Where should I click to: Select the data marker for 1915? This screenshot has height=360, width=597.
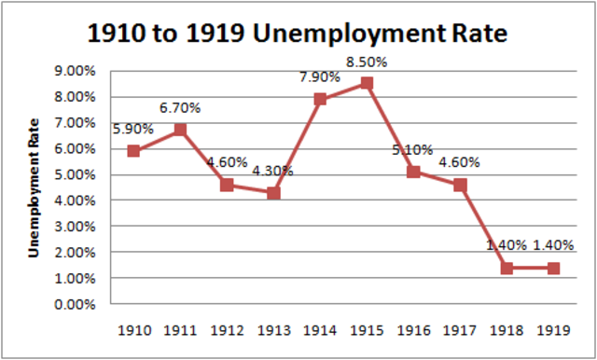(x=367, y=83)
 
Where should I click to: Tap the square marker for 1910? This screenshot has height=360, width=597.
(x=133, y=150)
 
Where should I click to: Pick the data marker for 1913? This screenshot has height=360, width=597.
(x=273, y=192)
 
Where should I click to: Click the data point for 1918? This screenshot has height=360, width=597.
(x=507, y=268)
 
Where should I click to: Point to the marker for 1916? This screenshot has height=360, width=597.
(x=413, y=172)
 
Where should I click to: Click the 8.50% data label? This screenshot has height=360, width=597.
(x=367, y=62)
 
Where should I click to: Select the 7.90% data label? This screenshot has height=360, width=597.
(x=320, y=78)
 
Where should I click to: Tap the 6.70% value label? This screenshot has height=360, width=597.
(x=180, y=108)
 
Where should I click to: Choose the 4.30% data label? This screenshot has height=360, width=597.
(x=273, y=171)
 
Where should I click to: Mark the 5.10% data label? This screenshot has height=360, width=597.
(x=413, y=149)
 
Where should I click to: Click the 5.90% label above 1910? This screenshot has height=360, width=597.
(x=133, y=129)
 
